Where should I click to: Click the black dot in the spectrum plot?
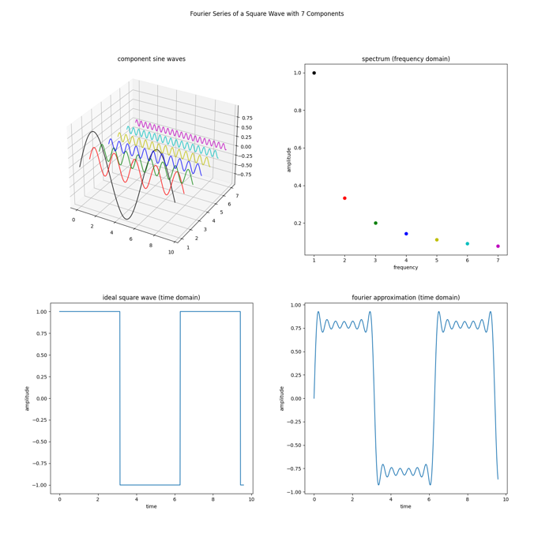[x=314, y=73]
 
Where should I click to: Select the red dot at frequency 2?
[x=344, y=198]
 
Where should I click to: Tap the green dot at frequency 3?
[x=375, y=223]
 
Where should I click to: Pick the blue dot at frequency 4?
[x=406, y=234]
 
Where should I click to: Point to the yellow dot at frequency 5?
[x=437, y=240]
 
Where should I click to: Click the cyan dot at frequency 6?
[x=467, y=244]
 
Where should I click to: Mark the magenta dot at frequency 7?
[x=498, y=246]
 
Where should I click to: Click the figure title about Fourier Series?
[x=267, y=13]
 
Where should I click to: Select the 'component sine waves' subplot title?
[x=152, y=59]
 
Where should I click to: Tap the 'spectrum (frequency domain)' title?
[x=406, y=59]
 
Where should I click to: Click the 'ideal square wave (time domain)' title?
[x=152, y=298]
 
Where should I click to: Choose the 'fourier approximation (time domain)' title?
[x=406, y=298]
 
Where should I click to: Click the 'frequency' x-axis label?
[x=406, y=268]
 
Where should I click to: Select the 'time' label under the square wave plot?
[x=152, y=506]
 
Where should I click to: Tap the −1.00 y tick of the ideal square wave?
[x=37, y=485]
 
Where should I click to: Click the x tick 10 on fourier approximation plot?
[x=506, y=499]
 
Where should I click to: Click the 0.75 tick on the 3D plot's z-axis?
[x=248, y=118]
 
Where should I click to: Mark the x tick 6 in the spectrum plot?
[x=467, y=260]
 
